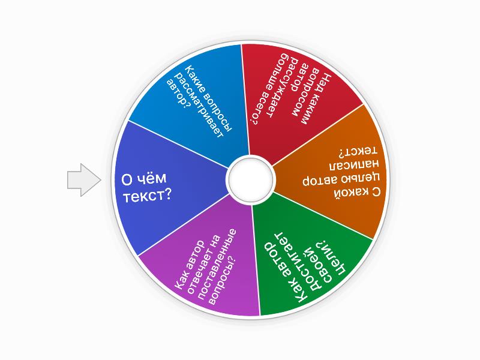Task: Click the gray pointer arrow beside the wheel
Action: pyautogui.click(x=84, y=180)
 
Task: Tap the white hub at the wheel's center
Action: pyautogui.click(x=250, y=179)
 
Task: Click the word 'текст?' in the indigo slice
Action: pyautogui.click(x=146, y=195)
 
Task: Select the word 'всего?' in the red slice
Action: pyautogui.click(x=258, y=108)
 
